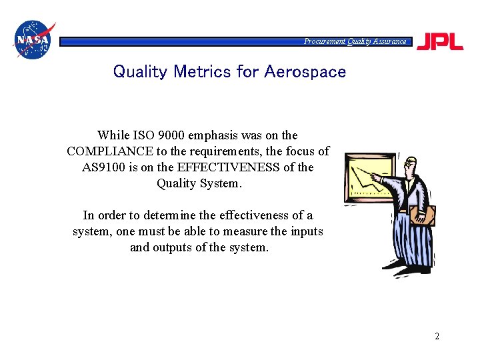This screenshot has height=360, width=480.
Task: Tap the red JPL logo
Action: click(x=440, y=41)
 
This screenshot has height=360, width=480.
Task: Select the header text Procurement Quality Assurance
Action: click(x=355, y=41)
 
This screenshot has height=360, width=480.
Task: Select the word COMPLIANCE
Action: click(x=109, y=151)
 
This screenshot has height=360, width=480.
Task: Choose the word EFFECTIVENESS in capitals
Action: click(x=221, y=167)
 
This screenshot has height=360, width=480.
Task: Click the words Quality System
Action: click(x=197, y=183)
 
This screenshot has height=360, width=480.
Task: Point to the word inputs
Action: click(x=307, y=231)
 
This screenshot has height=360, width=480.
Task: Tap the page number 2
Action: click(x=437, y=336)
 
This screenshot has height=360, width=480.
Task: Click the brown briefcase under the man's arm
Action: click(x=422, y=215)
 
